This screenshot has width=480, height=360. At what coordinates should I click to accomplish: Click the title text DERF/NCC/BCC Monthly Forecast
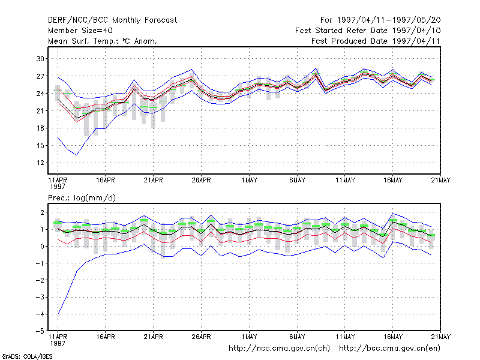click(x=112, y=20)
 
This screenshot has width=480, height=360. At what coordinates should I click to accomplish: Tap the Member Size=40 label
click(x=80, y=31)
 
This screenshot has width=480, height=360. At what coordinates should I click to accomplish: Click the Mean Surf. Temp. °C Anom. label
click(x=103, y=41)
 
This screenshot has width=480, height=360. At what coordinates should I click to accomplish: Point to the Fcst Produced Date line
click(x=376, y=41)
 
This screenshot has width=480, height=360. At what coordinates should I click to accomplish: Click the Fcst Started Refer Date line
click(x=368, y=31)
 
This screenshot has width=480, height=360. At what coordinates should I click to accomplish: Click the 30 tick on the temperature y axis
click(x=40, y=58)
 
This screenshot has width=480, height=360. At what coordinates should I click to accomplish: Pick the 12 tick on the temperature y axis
click(x=40, y=163)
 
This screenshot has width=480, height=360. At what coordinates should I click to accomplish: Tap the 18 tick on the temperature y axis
click(x=40, y=128)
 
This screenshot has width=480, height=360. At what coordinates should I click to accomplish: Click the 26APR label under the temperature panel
click(x=201, y=181)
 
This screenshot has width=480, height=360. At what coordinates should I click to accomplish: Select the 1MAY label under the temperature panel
click(x=249, y=181)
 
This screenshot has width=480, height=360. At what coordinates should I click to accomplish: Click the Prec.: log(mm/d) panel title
click(x=82, y=198)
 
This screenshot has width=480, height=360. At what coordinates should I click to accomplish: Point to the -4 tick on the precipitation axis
click(x=40, y=314)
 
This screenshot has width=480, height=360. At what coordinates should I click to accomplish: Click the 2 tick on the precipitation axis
click(x=42, y=212)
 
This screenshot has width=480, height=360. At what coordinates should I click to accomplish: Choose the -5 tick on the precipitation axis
click(x=40, y=331)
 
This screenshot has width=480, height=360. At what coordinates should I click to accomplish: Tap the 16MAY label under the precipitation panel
click(x=393, y=337)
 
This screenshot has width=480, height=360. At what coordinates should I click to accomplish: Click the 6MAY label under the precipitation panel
click(x=297, y=337)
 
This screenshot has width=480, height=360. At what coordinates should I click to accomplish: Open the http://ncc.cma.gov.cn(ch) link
click(x=279, y=349)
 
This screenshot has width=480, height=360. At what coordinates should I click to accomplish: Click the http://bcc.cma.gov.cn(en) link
click(x=389, y=349)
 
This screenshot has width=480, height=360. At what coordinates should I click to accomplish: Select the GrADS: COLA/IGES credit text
click(x=27, y=356)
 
